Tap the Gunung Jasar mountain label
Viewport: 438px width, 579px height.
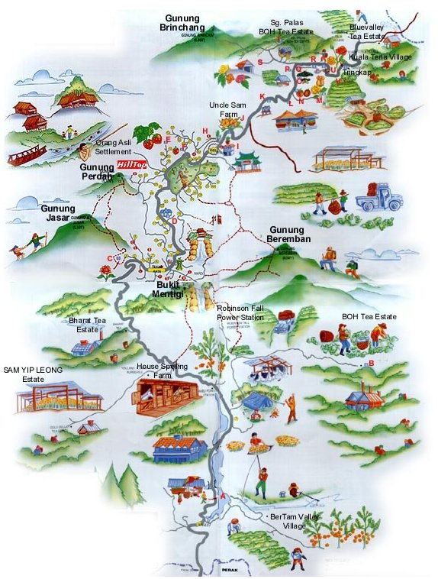click(58, 212)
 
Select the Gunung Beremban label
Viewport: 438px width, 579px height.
click(286, 235)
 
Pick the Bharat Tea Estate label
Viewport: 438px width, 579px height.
click(84, 325)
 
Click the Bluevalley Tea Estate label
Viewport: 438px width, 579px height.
click(366, 31)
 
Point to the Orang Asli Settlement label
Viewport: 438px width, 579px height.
click(114, 147)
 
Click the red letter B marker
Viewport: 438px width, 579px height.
click(371, 364)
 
